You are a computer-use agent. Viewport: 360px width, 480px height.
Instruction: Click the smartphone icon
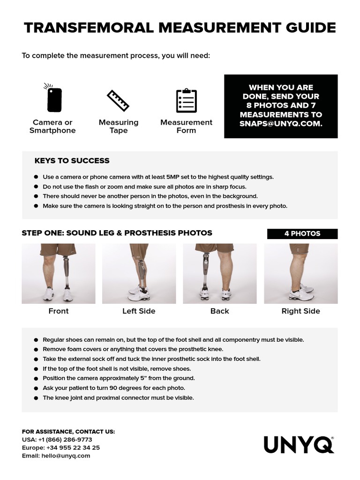pyautogui.click(x=54, y=98)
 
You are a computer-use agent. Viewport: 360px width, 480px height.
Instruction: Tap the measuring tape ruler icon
pyautogui.click(x=118, y=100)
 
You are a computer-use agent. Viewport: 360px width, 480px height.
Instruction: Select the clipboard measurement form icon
pyautogui.click(x=186, y=100)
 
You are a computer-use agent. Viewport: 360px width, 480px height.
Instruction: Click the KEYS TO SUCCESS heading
pyautogui.click(x=72, y=161)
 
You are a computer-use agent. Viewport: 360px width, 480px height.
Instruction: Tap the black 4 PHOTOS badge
pyautogui.click(x=302, y=233)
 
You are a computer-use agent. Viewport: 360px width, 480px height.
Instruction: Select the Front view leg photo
pyautogui.click(x=58, y=273)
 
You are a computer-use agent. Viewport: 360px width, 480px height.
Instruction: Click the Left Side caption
pyautogui.click(x=139, y=311)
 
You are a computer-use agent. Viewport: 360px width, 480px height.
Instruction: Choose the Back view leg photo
pyautogui.click(x=219, y=273)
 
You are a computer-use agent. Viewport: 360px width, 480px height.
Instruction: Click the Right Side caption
pyautogui.click(x=300, y=311)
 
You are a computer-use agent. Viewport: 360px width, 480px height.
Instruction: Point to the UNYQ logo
pyautogui.click(x=299, y=444)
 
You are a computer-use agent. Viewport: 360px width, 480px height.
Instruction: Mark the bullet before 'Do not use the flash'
pyautogui.click(x=37, y=187)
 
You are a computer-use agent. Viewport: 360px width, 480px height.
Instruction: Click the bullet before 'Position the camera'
pyautogui.click(x=37, y=378)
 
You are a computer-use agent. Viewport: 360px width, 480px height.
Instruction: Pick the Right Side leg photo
pyautogui.click(x=300, y=273)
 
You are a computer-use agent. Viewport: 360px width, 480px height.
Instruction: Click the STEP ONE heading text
pyautogui.click(x=117, y=233)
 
